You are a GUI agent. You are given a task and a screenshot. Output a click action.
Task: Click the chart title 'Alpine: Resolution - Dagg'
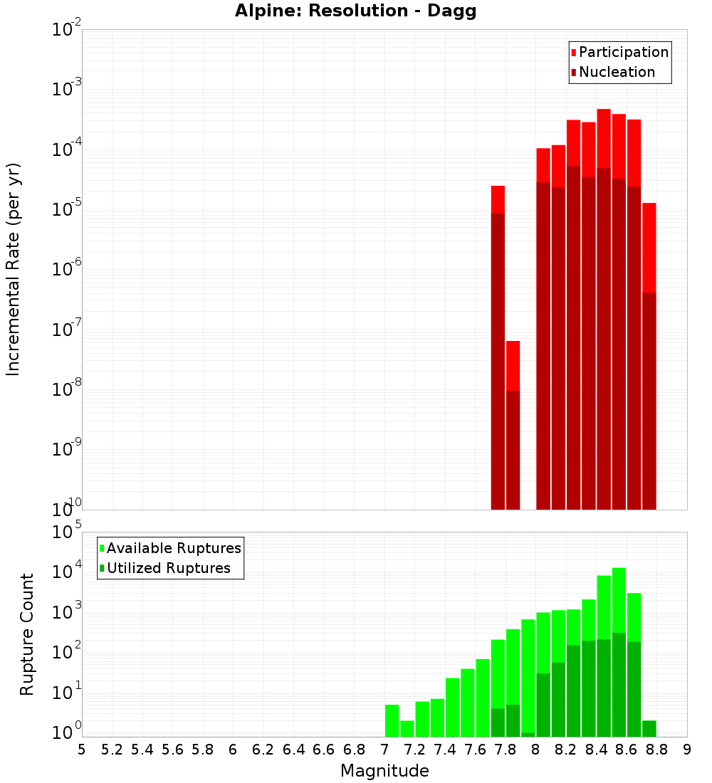pos(355,11)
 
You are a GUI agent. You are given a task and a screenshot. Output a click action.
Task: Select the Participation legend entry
pos(619,52)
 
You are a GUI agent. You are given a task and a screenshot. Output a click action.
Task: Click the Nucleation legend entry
pos(612,72)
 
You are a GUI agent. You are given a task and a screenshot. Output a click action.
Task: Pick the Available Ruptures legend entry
pos(170,548)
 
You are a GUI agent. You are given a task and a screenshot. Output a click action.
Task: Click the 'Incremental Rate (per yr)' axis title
pos(14,269)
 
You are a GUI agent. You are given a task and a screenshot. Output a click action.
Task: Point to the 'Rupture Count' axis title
pos(27,634)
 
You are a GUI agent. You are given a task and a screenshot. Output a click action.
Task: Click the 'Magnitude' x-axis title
pos(384,771)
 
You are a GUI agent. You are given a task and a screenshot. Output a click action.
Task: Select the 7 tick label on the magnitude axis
pos(384,749)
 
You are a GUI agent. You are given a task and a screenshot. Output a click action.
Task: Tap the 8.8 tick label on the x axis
pos(656,749)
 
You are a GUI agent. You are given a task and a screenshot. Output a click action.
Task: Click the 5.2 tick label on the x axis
pos(112,749)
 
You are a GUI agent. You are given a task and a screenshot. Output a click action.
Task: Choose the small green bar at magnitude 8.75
pos(649,728)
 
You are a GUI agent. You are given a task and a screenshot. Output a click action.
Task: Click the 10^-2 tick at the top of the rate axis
pos(66,30)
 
